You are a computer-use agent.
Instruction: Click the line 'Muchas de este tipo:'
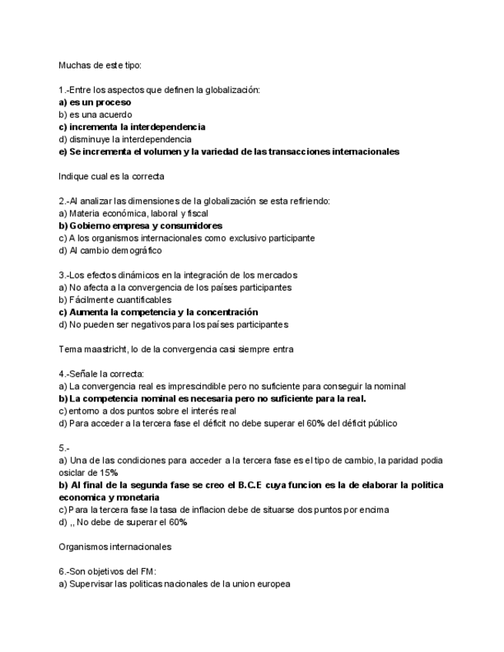click(x=100, y=65)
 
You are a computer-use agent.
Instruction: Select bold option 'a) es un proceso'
click(x=95, y=102)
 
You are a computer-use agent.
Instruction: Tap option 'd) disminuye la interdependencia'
click(x=125, y=139)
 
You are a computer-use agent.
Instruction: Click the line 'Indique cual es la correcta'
click(x=111, y=176)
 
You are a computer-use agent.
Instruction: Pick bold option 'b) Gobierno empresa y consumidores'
click(x=141, y=226)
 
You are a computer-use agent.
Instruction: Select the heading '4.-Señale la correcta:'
click(x=102, y=374)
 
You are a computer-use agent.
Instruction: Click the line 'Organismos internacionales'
click(x=115, y=547)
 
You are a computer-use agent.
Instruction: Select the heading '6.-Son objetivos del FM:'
click(x=108, y=571)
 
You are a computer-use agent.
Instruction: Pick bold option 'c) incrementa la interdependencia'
click(x=132, y=127)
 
